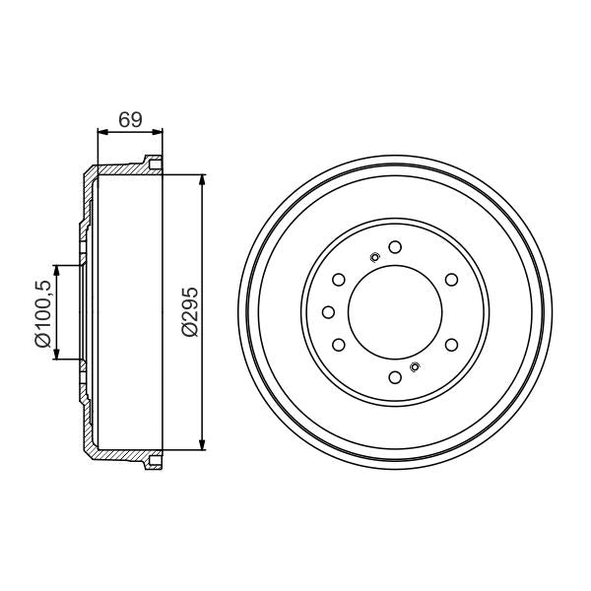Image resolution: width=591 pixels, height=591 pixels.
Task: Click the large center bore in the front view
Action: click(x=394, y=311)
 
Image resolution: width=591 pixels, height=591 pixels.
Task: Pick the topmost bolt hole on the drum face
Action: click(x=394, y=246)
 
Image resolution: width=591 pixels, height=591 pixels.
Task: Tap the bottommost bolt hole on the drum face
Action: click(x=394, y=377)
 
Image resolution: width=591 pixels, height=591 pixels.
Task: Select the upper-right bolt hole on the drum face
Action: click(x=451, y=279)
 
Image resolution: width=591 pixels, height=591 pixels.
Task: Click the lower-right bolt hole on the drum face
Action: click(x=451, y=345)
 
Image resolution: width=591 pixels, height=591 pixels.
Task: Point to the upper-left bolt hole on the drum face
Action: click(x=338, y=279)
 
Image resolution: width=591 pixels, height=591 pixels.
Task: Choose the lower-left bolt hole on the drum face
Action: click(x=338, y=345)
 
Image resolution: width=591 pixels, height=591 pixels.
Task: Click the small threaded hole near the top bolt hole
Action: click(x=374, y=258)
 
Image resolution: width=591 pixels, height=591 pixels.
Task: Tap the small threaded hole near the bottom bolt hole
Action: click(x=414, y=367)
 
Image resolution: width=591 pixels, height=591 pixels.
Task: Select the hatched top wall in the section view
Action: click(x=123, y=169)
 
